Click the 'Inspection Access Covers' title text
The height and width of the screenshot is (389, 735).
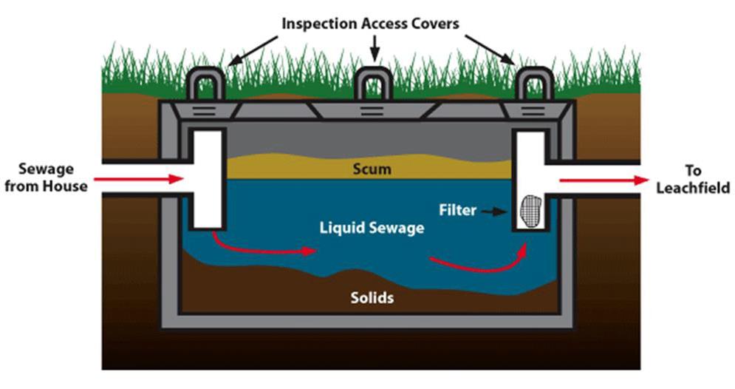(370, 24)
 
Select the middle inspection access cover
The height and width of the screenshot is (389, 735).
(373, 84)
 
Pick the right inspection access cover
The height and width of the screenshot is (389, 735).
(533, 84)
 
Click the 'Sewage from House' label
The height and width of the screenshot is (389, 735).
(46, 178)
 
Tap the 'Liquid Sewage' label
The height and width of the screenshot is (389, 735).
(372, 228)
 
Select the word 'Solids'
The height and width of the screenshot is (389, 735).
(372, 298)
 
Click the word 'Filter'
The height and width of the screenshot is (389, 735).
(458, 211)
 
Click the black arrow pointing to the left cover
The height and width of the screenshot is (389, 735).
(250, 48)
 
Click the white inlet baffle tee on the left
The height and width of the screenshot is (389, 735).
(207, 178)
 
